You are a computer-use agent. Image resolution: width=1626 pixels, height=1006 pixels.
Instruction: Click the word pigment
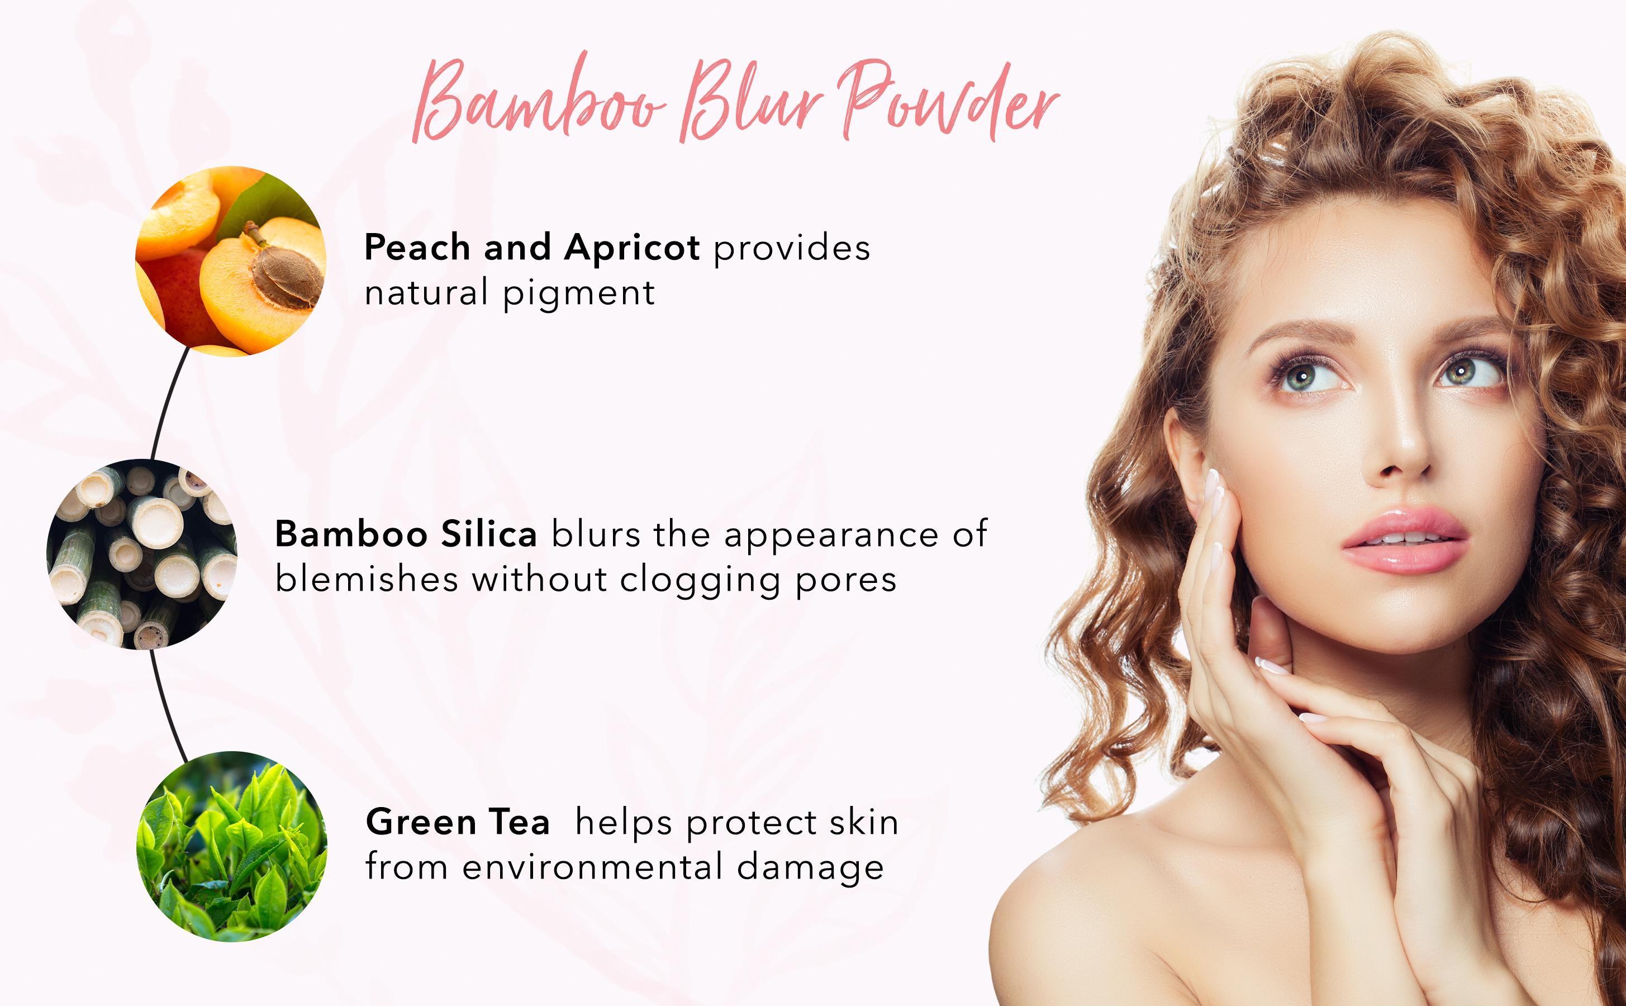tap(578, 293)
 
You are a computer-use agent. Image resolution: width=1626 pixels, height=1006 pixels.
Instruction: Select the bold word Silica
tap(489, 534)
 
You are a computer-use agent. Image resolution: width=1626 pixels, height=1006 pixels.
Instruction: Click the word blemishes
tap(367, 579)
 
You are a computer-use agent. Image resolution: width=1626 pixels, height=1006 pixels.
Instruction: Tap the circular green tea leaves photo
tap(231, 846)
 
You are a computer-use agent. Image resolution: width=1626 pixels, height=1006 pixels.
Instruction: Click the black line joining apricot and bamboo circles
tap(167, 402)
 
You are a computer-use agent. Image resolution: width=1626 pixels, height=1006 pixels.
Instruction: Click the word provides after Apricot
tap(791, 248)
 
